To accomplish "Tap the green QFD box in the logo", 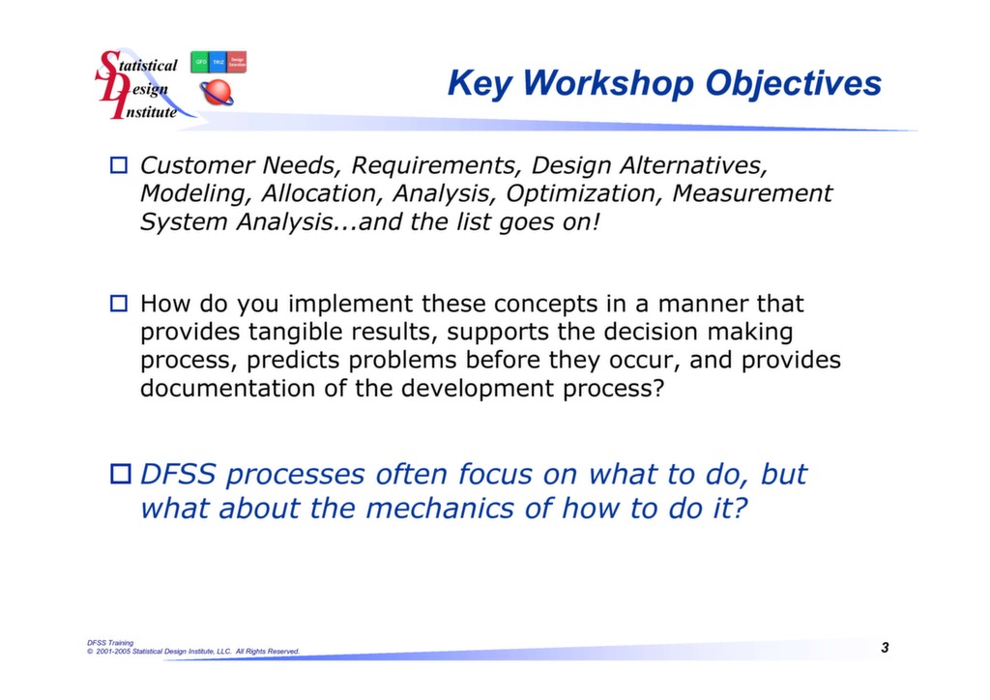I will pyautogui.click(x=200, y=62).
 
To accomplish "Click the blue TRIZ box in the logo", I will pyautogui.click(x=218, y=62).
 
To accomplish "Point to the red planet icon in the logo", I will pyautogui.click(x=217, y=93).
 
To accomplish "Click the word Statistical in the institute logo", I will pyautogui.click(x=145, y=66).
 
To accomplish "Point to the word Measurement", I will pyautogui.click(x=752, y=193).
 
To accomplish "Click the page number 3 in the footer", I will pyautogui.click(x=885, y=647).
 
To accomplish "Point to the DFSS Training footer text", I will pyautogui.click(x=110, y=642).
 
